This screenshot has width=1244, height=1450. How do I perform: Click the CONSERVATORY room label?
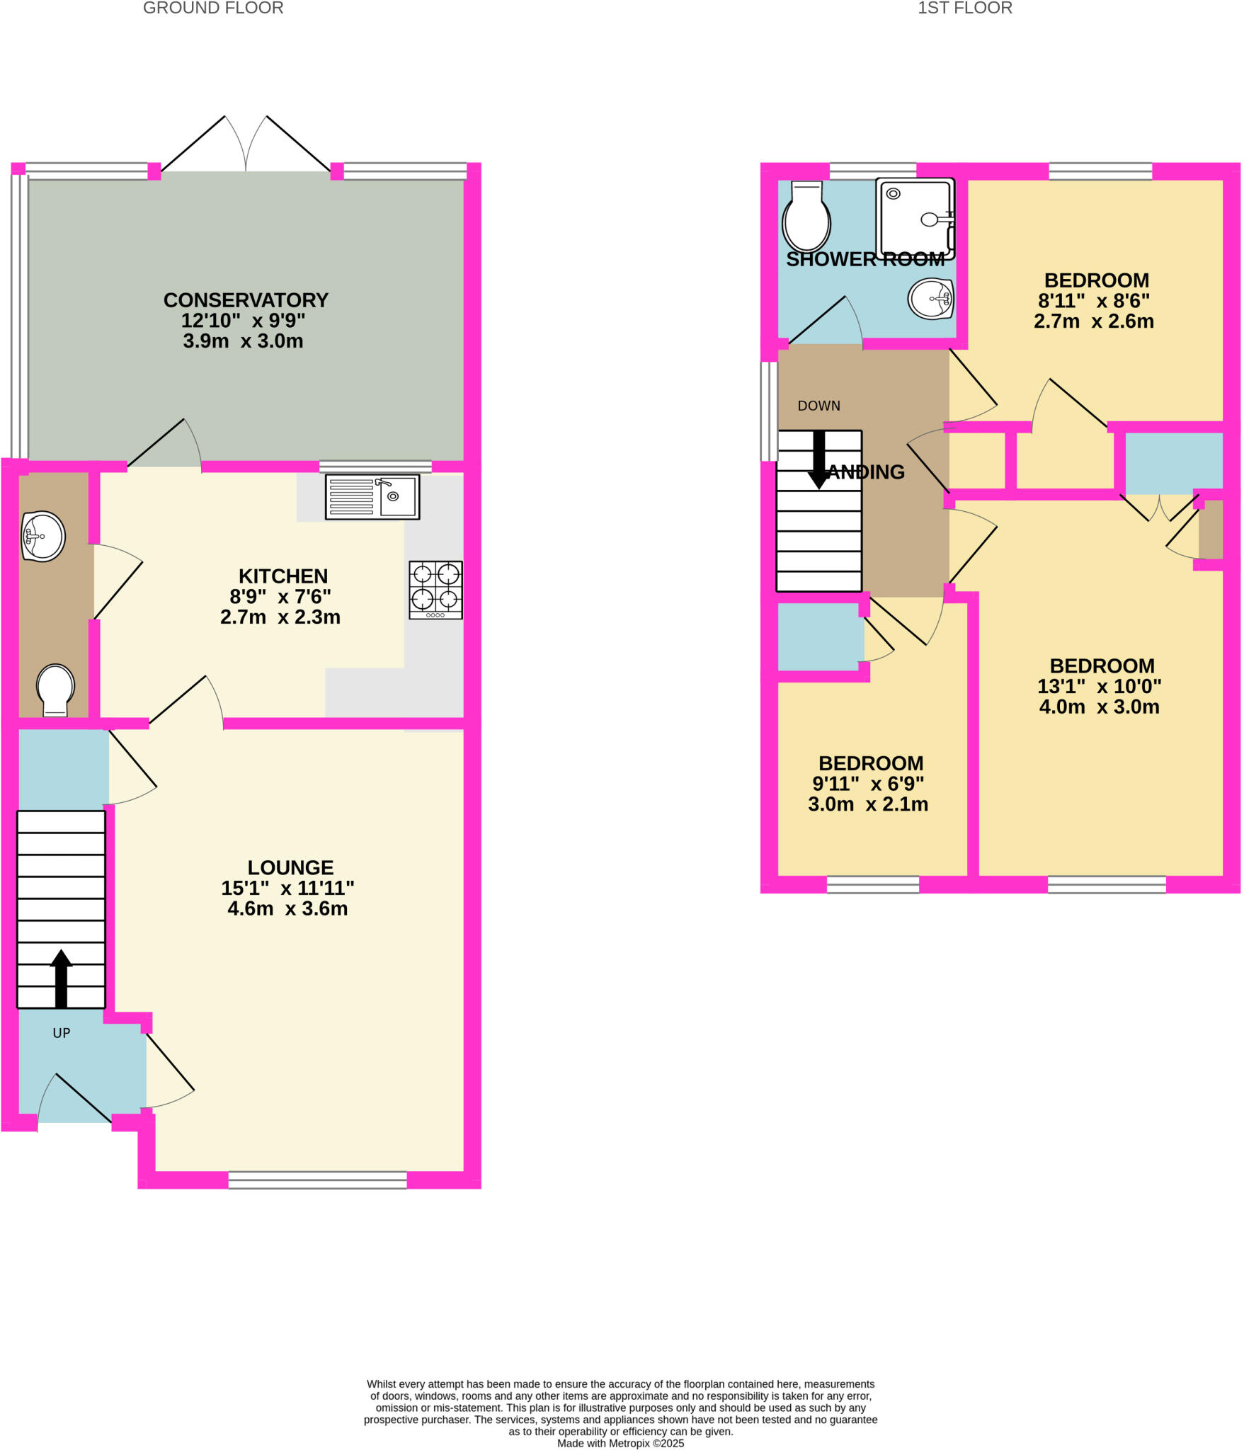(x=246, y=300)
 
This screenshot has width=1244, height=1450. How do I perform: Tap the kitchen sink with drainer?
(x=372, y=496)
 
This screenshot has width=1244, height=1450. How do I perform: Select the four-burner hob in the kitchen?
(x=435, y=590)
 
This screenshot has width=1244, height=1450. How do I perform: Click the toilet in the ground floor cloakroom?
(x=55, y=689)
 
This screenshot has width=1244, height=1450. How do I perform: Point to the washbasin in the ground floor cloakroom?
(x=43, y=536)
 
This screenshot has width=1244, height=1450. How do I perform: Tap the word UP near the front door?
(x=62, y=1033)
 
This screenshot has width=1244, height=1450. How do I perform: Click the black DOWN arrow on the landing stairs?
(x=819, y=459)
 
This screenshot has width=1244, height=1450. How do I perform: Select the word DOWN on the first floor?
(x=818, y=406)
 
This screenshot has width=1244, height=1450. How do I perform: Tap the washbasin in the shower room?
(x=930, y=299)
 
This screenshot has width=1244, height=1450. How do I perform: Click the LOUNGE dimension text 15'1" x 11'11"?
(x=287, y=888)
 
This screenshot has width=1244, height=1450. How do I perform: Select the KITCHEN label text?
(x=283, y=576)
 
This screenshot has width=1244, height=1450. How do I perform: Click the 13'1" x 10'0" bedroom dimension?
(x=1099, y=686)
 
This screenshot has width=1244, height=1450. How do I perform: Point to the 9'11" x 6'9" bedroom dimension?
(x=868, y=784)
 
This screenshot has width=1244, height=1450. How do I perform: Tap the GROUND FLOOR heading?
(x=213, y=8)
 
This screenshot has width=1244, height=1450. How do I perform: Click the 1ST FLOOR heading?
(x=964, y=8)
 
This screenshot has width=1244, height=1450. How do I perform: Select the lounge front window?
(x=317, y=1180)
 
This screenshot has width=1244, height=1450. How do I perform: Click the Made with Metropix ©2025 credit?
(x=620, y=1443)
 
